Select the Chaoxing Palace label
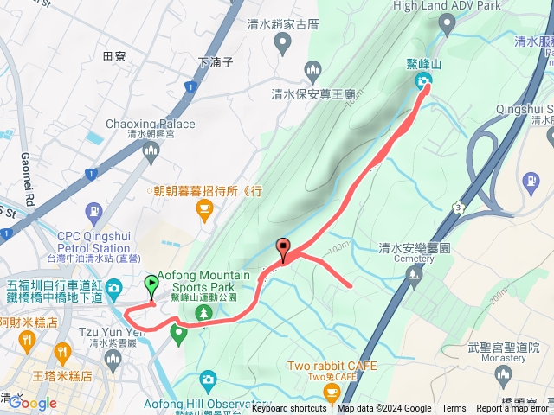(x=141, y=124)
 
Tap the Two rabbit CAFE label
(x=333, y=366)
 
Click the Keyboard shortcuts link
(x=289, y=409)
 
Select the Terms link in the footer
(x=454, y=409)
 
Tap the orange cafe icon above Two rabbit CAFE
(x=332, y=393)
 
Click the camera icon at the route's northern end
(x=424, y=82)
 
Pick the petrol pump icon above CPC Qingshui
(x=93, y=212)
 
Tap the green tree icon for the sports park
(x=204, y=311)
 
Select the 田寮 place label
(x=114, y=56)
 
